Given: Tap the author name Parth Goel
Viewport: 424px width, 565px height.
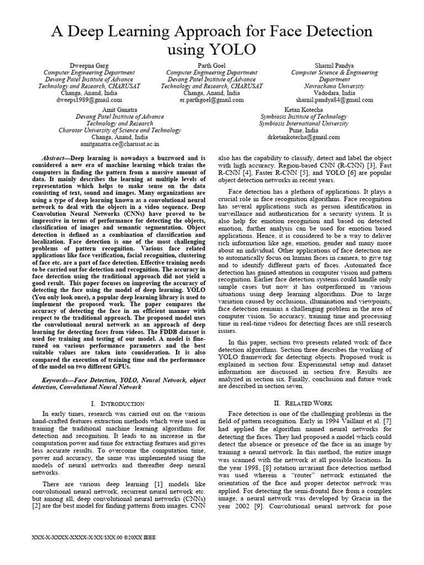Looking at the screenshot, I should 204,65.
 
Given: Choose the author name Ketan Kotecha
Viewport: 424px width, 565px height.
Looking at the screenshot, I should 303,110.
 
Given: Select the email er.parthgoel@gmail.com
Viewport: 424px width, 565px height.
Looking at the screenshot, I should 204,100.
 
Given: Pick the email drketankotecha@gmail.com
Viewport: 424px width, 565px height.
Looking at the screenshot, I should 303,137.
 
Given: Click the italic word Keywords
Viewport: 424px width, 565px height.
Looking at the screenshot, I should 57,380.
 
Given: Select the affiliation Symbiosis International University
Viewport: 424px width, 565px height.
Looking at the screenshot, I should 303,124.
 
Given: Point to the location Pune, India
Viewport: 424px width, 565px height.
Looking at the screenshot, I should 303,130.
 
